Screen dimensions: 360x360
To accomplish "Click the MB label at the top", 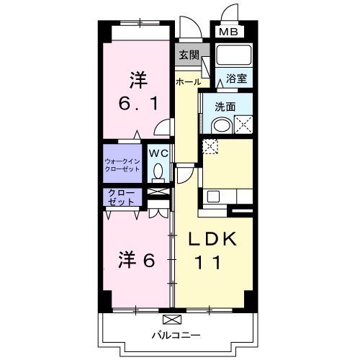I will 228,32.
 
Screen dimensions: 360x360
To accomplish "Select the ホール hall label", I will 188,82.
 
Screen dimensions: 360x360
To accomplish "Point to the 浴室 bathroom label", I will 236,78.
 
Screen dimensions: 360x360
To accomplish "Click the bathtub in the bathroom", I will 233,57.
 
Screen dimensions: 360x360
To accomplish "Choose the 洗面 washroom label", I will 225,107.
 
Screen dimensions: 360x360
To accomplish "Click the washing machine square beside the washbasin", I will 242,124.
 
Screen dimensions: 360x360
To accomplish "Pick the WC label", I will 158,153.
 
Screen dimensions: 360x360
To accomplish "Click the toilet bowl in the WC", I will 158,171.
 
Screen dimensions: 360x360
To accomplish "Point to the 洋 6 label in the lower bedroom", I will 136,260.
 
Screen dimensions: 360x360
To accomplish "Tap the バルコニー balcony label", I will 176,335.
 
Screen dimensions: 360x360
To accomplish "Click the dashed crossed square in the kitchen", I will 210,145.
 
